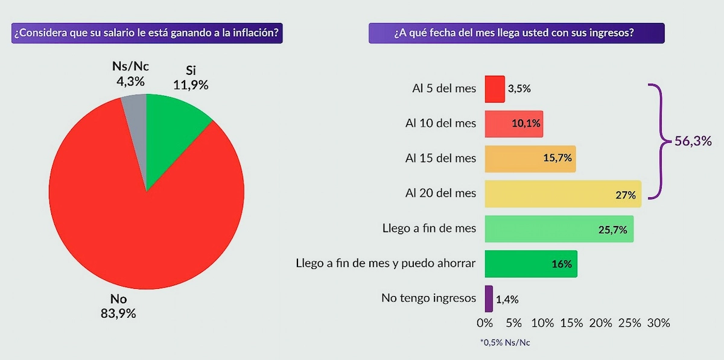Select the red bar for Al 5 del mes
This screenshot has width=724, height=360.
494,89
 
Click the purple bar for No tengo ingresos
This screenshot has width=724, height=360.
489,298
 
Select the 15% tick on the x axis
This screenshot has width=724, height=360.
572,323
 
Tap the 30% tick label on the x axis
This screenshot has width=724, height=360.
658,323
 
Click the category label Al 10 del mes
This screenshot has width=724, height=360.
440,124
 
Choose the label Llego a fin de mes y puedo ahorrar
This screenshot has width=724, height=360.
386,264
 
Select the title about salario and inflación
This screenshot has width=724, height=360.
147,33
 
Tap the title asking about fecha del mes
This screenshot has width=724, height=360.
516,33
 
